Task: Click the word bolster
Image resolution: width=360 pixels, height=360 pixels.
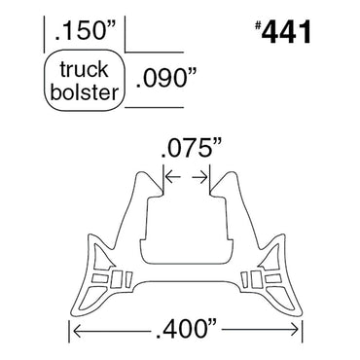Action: pos(86,91)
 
